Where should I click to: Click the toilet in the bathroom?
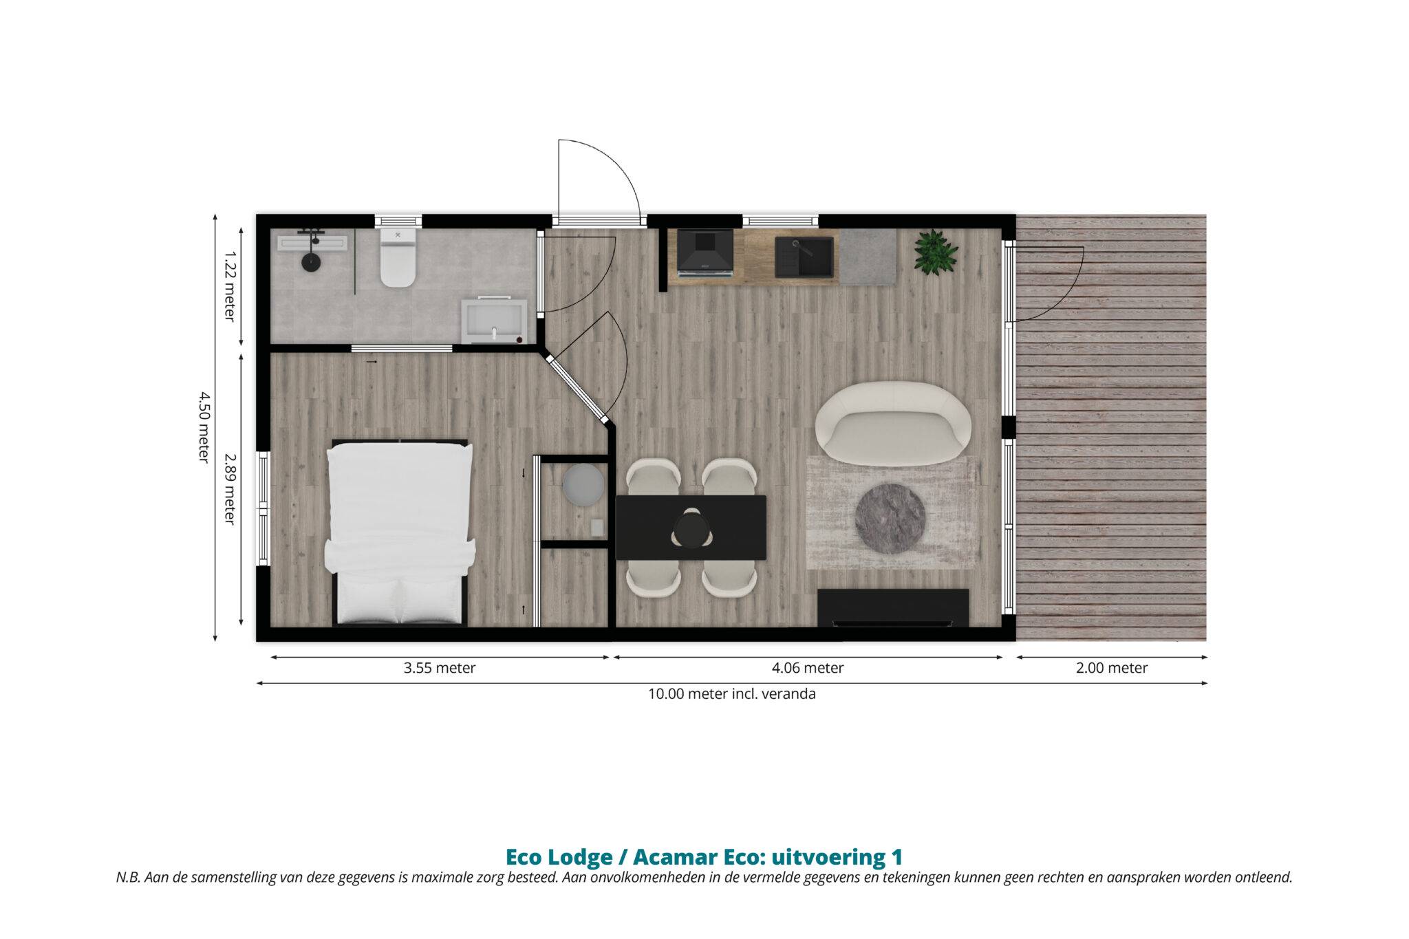(x=398, y=257)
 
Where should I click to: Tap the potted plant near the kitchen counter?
(x=936, y=252)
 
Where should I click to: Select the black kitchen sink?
(x=804, y=257)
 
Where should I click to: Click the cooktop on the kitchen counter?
(x=705, y=252)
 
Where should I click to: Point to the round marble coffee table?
(x=890, y=519)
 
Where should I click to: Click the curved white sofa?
(x=893, y=422)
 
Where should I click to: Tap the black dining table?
(x=691, y=528)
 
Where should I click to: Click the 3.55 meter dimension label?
(x=440, y=668)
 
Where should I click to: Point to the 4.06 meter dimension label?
(x=808, y=668)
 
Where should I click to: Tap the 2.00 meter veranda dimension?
(x=1112, y=668)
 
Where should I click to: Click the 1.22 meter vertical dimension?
(x=230, y=285)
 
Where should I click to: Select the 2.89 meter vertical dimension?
(x=230, y=488)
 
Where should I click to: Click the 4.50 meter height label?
(x=204, y=427)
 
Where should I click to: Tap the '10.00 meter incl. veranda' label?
(x=732, y=694)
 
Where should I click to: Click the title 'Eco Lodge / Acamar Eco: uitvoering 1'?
(x=704, y=857)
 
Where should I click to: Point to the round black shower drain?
(x=311, y=262)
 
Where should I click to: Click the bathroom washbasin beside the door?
(x=494, y=321)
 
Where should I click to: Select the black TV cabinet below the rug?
(x=893, y=608)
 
